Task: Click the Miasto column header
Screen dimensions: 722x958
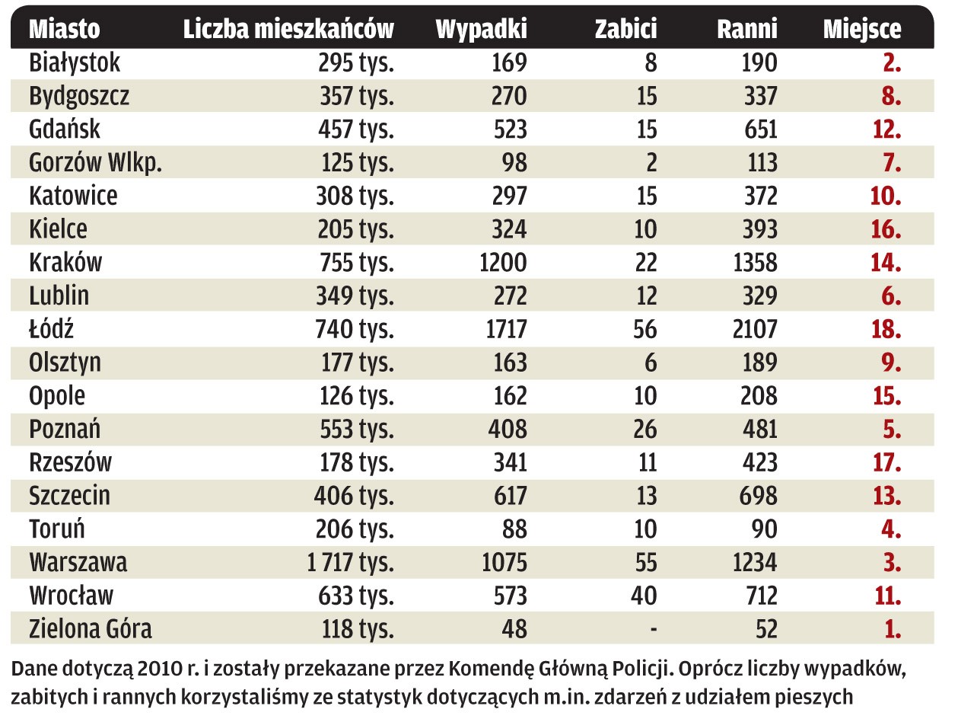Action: coord(64,29)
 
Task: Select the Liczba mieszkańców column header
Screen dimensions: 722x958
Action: coord(288,29)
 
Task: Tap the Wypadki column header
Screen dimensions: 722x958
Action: coord(481,29)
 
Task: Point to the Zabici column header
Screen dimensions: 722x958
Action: coord(625,29)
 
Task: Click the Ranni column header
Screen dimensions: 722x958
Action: coord(747,29)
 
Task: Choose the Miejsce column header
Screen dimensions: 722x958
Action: coord(862,29)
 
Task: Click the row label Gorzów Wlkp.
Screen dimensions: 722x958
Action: coord(96,162)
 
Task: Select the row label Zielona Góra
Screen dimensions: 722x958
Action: coord(91,629)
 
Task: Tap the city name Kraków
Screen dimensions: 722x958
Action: coord(65,262)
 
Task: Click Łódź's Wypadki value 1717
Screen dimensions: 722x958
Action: coord(503,329)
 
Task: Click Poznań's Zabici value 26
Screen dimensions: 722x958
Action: coord(645,429)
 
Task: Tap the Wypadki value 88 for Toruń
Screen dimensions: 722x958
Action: coord(512,529)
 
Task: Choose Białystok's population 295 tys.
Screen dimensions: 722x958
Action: coord(355,62)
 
